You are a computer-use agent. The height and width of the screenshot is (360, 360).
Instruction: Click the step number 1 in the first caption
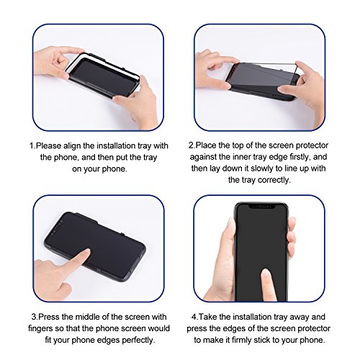coord(32,145)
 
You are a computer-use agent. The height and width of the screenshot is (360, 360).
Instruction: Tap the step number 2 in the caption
coord(191,145)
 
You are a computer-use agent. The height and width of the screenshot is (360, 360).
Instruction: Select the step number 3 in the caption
coord(34,317)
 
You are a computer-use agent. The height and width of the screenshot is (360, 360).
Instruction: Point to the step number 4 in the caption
coord(194,317)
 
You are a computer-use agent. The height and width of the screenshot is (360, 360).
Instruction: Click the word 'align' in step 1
coord(73,146)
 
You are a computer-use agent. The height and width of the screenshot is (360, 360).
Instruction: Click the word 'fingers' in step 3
coord(41,328)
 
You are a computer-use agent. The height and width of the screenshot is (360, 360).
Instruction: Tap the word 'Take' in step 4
coord(208,317)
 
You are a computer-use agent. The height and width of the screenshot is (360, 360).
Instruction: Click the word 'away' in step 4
coord(300,317)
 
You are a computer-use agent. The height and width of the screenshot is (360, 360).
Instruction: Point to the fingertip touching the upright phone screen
coord(266,273)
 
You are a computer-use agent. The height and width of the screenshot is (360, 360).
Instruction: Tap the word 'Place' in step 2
coord(205,145)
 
